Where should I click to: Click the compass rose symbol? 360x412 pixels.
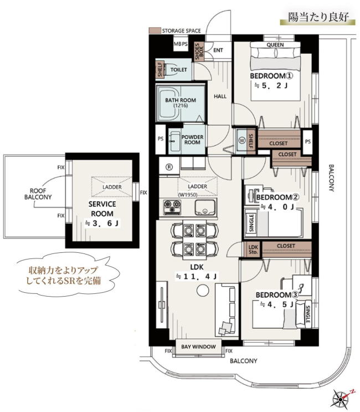point(340,399)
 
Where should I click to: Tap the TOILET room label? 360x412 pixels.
point(179,70)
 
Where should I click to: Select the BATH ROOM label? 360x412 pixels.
point(181,100)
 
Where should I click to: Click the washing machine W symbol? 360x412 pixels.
point(241,140)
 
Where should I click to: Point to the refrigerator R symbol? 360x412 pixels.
point(169,166)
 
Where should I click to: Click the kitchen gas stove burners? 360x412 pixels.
point(172,206)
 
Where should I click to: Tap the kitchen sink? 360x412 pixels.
point(205,207)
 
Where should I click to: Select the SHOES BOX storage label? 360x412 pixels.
point(199,52)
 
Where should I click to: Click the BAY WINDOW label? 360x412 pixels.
point(198,347)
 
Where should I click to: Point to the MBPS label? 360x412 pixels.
point(181,44)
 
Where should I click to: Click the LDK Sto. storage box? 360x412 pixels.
point(253,250)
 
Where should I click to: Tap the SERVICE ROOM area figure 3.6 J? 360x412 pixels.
point(102,223)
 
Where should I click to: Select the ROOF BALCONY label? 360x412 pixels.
point(38,194)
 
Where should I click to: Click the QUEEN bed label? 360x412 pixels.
point(275,45)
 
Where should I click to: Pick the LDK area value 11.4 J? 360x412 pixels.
point(197,276)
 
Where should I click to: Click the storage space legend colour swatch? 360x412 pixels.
point(155,30)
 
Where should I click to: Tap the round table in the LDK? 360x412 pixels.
point(203,291)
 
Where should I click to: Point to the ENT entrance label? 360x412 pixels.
point(218,50)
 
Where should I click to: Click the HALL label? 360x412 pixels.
point(220,96)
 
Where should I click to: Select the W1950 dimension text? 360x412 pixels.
point(188,195)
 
